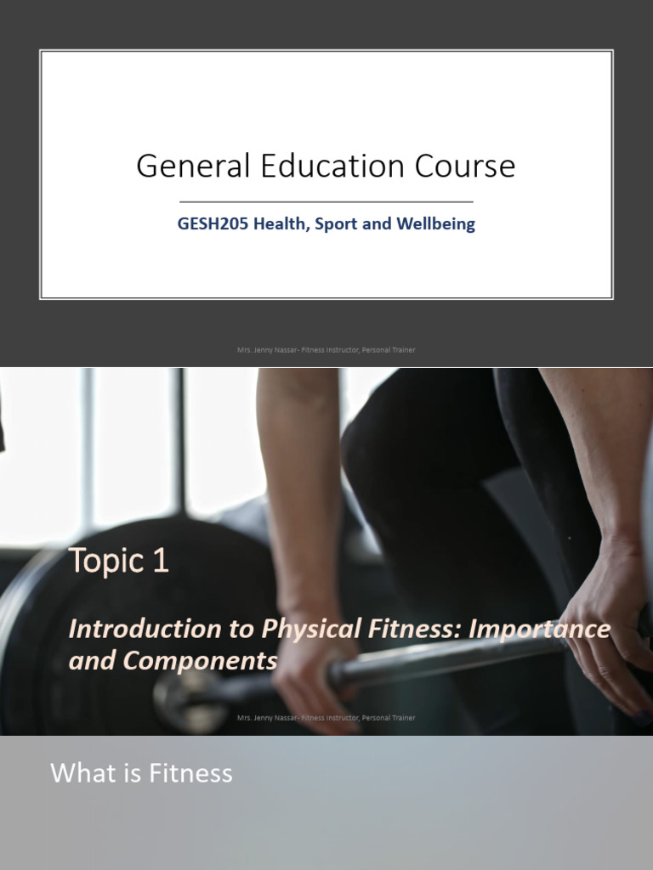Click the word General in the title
[179, 167]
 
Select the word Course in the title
[465, 167]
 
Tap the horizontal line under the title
[326, 202]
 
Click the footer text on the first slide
[326, 349]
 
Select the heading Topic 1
[119, 561]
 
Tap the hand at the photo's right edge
[608, 646]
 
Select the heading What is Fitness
[141, 773]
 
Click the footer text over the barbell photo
[326, 718]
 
